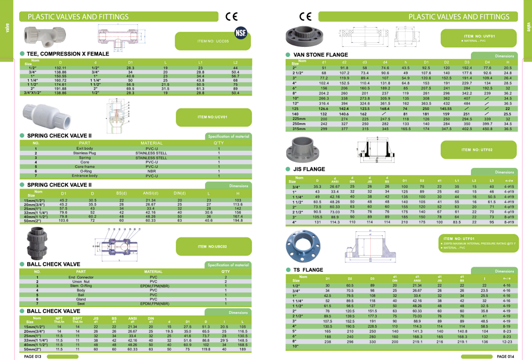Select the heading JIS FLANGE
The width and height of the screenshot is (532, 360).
tap(309, 169)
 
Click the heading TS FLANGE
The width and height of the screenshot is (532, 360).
tap(308, 270)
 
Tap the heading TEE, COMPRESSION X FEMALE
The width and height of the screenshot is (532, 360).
tap(68, 53)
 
